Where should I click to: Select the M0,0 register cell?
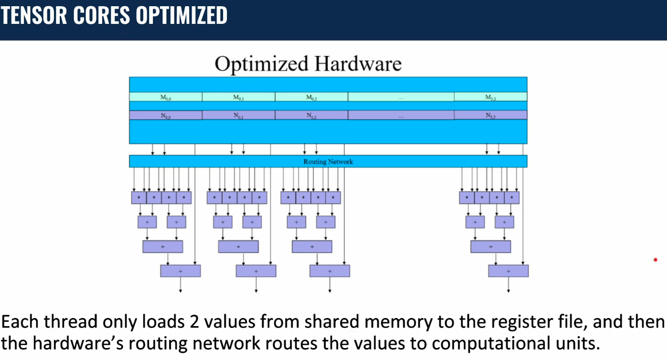click(165, 97)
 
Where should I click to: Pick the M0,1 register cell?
click(238, 97)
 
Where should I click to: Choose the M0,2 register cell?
click(312, 97)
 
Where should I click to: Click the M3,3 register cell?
click(490, 97)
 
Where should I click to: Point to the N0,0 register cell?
click(165, 116)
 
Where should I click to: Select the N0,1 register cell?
click(238, 116)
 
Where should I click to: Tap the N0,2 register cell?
click(312, 116)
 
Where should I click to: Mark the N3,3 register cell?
click(490, 116)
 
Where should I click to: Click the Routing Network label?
click(328, 162)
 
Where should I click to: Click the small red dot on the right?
click(656, 260)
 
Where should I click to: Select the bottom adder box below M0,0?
click(180, 271)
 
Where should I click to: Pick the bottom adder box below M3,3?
click(508, 271)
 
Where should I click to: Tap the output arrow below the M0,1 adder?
click(256, 285)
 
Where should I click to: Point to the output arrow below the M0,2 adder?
click(330, 285)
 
